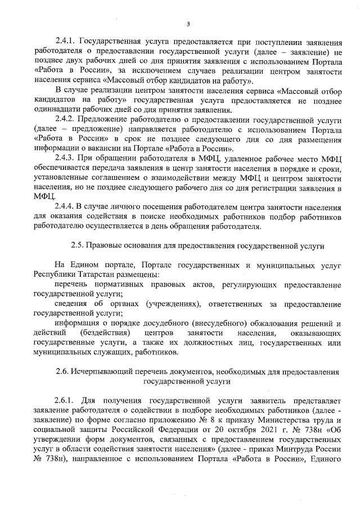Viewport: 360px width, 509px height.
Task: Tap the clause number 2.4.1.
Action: pyautogui.click(x=66, y=42)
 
